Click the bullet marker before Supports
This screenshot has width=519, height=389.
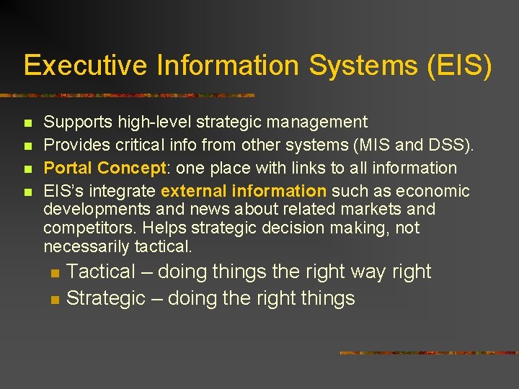28,123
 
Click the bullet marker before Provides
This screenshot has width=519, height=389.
28,146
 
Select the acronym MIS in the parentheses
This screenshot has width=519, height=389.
385,146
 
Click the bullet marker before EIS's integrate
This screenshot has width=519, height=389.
28,192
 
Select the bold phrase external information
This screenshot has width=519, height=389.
244,192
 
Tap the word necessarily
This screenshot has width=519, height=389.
86,247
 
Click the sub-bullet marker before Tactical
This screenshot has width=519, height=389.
54,273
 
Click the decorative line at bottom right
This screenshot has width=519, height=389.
428,353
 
